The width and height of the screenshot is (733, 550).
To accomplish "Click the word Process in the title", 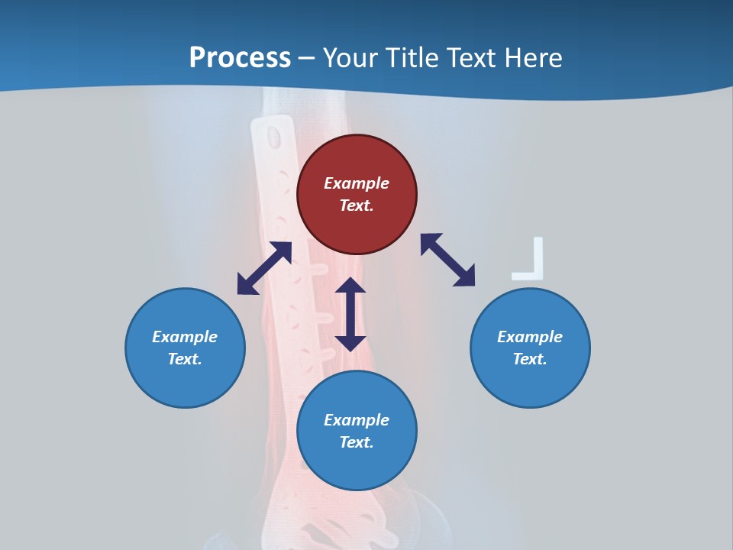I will [x=240, y=58].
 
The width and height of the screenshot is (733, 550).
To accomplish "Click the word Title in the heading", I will [x=414, y=58].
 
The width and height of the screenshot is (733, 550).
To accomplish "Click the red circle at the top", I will [x=357, y=194].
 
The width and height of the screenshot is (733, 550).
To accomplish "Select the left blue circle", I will [x=185, y=348].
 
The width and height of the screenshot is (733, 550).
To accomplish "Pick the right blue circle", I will [x=530, y=348].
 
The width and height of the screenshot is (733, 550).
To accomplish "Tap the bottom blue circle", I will [x=357, y=430].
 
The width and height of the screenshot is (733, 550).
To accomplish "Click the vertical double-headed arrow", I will [x=350, y=314].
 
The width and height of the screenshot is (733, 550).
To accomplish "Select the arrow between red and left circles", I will [x=264, y=268].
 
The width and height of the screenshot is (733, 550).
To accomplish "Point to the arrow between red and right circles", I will [x=448, y=260].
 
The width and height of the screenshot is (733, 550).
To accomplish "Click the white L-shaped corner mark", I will [x=533, y=264].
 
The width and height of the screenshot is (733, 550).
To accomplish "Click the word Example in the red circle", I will [x=357, y=183].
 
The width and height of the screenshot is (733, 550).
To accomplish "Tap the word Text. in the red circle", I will [x=357, y=205].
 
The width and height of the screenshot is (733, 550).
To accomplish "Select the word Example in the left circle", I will [x=185, y=337].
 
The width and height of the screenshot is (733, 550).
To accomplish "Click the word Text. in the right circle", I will [x=530, y=359].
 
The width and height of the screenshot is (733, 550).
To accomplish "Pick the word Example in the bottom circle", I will [x=357, y=420].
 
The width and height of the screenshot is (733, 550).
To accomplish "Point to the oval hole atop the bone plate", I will [x=273, y=137].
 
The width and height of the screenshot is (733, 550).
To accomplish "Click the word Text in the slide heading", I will [x=471, y=58].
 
